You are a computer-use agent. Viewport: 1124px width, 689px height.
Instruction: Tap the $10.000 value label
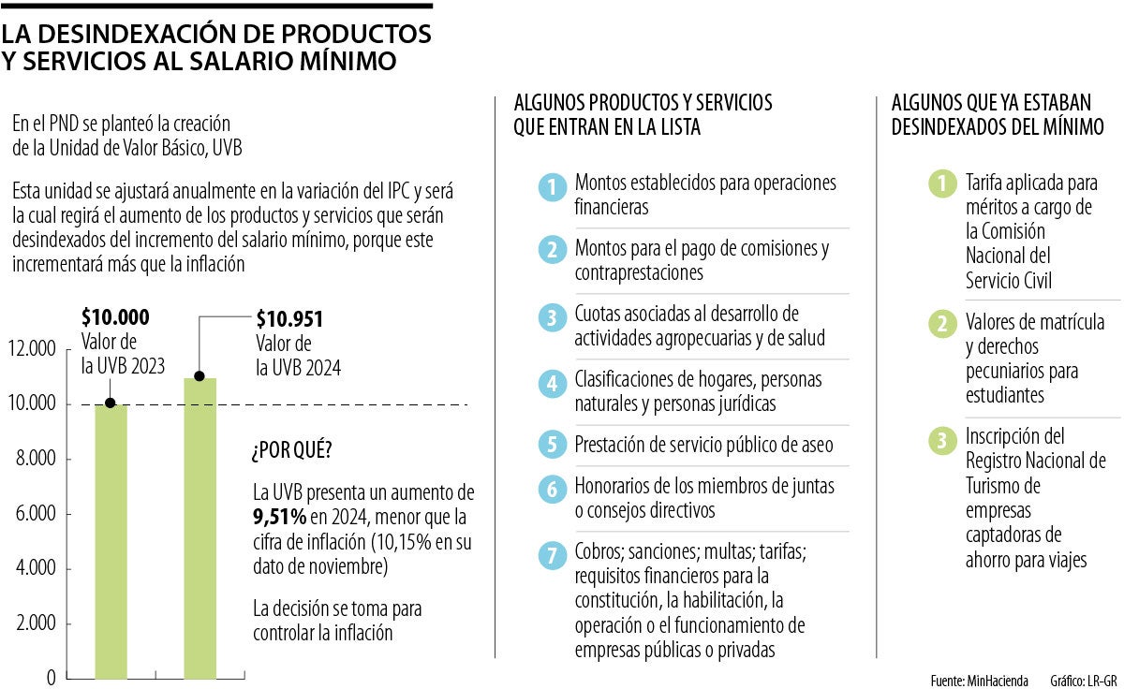[x=115, y=317]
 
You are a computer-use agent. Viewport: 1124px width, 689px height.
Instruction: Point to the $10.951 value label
[x=290, y=319]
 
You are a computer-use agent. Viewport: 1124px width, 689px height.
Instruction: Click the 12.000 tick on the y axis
[x=33, y=349]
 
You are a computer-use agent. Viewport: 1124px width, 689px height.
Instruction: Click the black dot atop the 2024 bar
[x=200, y=376]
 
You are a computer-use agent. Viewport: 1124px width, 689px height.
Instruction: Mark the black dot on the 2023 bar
[x=111, y=403]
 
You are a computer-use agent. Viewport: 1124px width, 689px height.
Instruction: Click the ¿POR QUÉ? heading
[x=291, y=450]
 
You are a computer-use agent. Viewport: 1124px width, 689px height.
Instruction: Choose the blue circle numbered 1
[x=553, y=187]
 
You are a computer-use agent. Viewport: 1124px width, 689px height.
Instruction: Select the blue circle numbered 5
[x=553, y=444]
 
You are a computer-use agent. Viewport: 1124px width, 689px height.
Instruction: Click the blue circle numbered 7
[x=553, y=554]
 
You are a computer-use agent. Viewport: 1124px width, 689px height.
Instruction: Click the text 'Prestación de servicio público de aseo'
[x=703, y=444]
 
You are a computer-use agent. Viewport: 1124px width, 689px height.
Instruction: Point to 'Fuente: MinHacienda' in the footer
[x=979, y=679]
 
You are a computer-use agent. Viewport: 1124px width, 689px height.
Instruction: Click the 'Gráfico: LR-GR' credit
[x=1084, y=679]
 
